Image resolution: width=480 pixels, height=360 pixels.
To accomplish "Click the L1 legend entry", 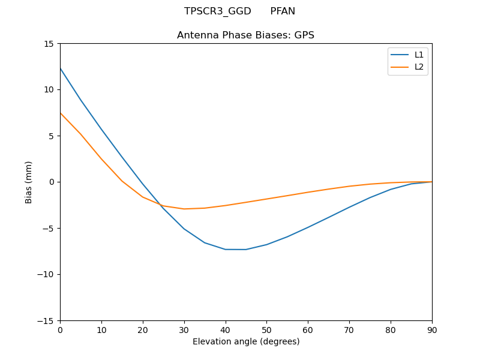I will pos(419,55).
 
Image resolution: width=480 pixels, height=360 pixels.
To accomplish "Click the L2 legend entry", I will pos(419,67).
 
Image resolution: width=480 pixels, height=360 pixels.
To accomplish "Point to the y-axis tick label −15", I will pos(47,321).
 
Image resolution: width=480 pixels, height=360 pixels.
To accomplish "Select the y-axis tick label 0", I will pos(52,182).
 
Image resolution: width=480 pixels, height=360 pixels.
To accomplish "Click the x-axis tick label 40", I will pos(225,330).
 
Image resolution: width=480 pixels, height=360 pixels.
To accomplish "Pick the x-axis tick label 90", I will pos(431,330).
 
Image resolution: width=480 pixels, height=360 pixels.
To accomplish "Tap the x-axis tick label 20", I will pos(143,330).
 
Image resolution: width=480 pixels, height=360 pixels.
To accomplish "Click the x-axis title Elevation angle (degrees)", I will pos(246,342).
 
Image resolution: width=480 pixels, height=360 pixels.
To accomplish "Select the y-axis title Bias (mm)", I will pos(29,182).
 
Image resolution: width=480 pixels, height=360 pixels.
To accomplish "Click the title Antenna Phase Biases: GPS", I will pos(245,35).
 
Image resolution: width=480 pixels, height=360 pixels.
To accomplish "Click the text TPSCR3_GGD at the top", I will pos(217,11).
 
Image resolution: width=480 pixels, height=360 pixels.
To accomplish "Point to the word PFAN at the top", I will pos(283,11).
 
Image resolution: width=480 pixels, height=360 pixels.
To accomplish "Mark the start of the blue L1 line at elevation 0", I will pos(61,68).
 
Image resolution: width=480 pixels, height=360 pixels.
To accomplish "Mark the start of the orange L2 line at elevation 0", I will pos(61,113).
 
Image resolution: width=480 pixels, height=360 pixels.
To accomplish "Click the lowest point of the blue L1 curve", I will pos(235,250).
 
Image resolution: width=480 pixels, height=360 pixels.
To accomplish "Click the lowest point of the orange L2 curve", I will pos(184,209).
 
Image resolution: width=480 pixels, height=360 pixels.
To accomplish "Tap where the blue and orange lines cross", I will pos(160,205).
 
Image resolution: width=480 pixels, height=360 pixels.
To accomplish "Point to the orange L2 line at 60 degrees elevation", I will pos(308,192).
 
